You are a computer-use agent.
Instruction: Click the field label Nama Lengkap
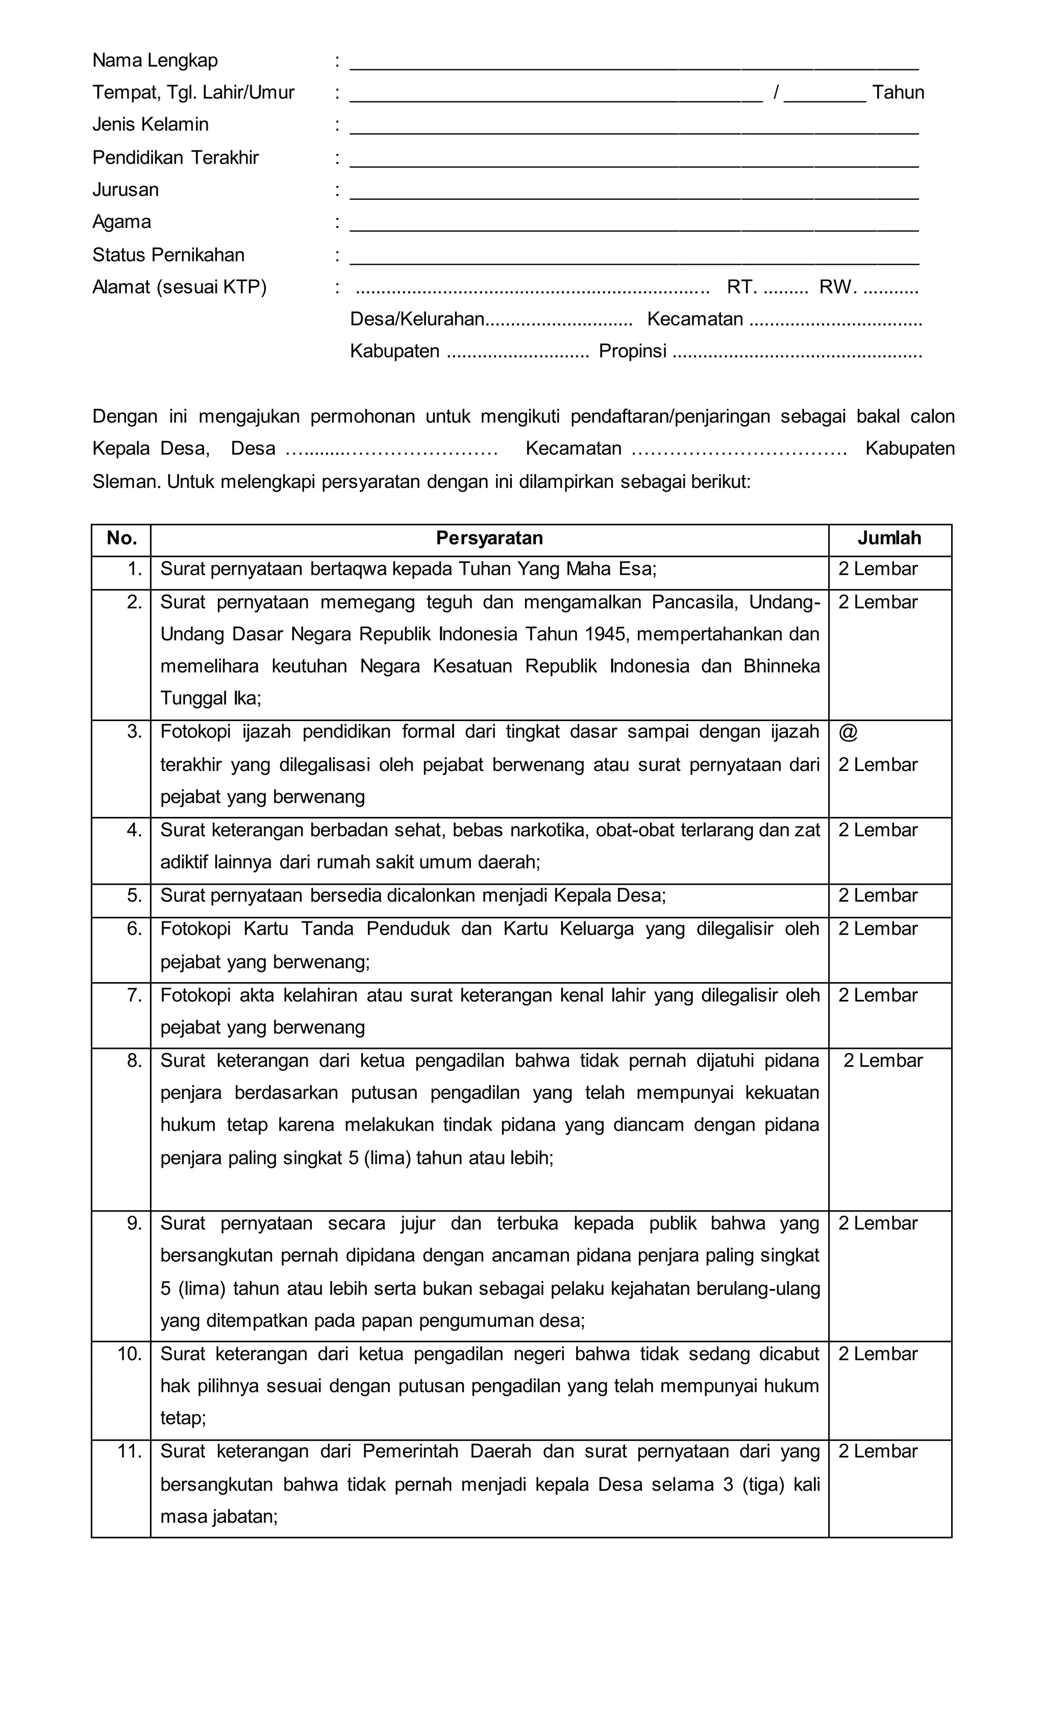[155, 61]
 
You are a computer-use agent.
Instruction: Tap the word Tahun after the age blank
[898, 93]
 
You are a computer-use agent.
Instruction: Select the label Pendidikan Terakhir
[176, 158]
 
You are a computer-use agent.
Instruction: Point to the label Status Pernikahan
[168, 255]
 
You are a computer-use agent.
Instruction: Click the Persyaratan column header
[489, 538]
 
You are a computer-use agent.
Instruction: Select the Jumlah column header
[889, 538]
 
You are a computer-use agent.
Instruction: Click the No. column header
[121, 538]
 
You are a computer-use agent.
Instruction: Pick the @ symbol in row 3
[848, 732]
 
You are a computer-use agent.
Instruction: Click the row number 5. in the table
[134, 895]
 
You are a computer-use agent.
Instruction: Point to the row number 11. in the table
[130, 1451]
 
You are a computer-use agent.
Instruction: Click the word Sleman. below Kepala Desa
[127, 482]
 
